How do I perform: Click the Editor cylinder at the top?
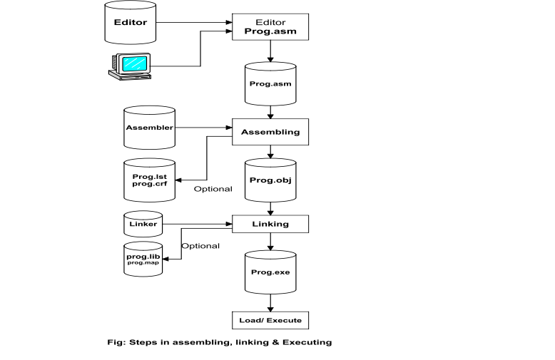click(x=130, y=23)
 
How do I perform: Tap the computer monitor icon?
click(x=130, y=66)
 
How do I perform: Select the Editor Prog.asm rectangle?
click(x=270, y=27)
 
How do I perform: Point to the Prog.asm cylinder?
click(x=270, y=83)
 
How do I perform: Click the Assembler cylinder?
click(x=150, y=128)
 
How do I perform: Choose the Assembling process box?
click(x=270, y=132)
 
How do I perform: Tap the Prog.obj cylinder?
click(x=270, y=179)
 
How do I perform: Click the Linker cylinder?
click(x=143, y=224)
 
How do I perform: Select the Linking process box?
click(x=270, y=224)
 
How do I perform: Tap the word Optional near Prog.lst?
click(x=213, y=189)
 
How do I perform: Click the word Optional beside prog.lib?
click(x=200, y=246)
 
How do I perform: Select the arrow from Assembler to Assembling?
click(x=205, y=128)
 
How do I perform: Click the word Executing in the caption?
click(x=310, y=342)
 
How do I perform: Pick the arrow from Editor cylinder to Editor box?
click(x=194, y=23)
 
